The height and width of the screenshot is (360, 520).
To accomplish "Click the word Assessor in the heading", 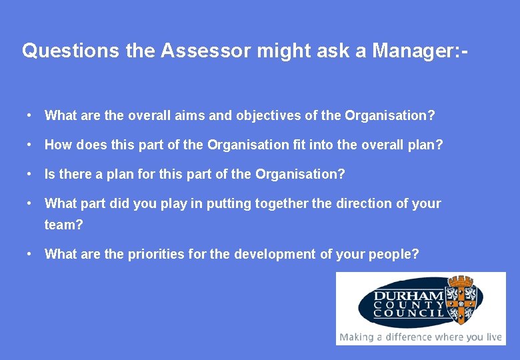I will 199,51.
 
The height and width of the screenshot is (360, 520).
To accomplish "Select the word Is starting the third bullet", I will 50,174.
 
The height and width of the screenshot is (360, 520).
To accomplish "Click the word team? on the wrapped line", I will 63,225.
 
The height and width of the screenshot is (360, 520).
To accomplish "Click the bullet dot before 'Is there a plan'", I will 30,174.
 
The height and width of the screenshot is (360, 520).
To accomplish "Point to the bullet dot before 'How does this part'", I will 30,145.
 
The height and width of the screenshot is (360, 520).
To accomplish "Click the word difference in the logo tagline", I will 406,337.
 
